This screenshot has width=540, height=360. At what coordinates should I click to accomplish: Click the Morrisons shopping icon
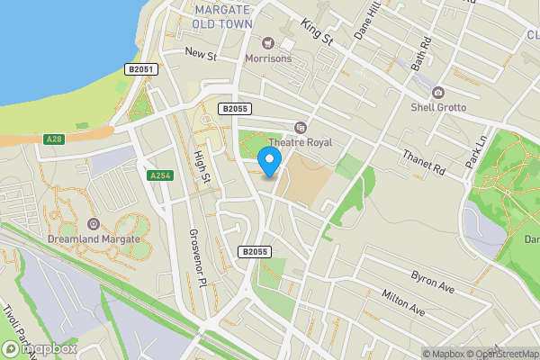268,42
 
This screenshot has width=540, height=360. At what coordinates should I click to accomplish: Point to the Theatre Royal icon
301,128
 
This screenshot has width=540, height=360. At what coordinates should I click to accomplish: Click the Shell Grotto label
438,107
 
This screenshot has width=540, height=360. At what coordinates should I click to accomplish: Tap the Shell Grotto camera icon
438,93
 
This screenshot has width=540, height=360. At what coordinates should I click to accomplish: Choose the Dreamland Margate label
94,238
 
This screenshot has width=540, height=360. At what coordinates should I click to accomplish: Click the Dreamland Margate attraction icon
94,223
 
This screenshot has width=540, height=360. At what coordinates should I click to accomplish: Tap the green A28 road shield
54,139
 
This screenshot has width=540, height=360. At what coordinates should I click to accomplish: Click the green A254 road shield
160,175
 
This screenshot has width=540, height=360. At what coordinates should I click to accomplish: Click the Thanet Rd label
424,162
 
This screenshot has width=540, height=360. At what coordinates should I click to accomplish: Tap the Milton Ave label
402,301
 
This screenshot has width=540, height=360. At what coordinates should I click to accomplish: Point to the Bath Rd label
422,53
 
